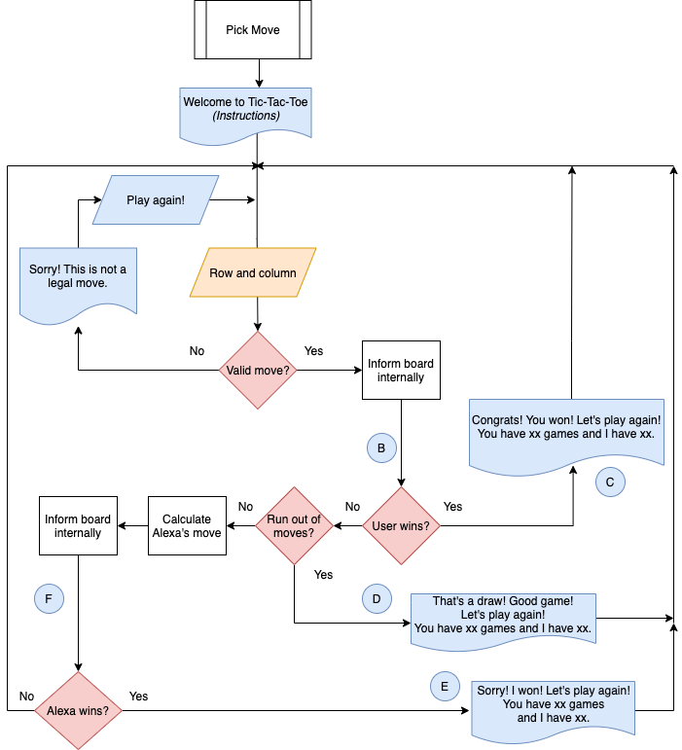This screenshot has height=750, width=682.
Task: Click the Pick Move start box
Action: [x=252, y=30]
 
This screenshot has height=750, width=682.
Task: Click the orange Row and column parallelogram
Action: [x=253, y=272]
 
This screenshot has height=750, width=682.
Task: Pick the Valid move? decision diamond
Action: [x=257, y=371]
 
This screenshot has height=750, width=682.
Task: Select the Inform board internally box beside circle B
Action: [x=401, y=370]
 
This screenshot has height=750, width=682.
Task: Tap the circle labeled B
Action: [x=381, y=447]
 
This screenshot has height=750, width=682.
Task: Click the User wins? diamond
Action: [x=401, y=526]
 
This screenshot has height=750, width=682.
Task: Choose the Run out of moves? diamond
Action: [x=294, y=526]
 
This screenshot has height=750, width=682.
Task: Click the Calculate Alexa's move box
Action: [x=187, y=526]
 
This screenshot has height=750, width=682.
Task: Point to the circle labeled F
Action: [x=49, y=598]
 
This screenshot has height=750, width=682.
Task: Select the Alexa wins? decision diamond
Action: [x=78, y=710]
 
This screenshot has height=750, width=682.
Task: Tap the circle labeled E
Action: [x=445, y=686]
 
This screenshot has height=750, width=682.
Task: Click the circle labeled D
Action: [x=376, y=597]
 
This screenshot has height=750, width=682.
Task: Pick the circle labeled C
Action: [x=609, y=481]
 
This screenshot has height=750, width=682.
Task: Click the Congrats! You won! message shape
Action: [x=567, y=431]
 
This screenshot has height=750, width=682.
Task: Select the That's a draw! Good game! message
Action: [x=502, y=616]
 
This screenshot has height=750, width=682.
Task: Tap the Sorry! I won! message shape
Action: [x=554, y=706]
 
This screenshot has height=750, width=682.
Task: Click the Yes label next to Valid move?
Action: [x=313, y=350]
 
